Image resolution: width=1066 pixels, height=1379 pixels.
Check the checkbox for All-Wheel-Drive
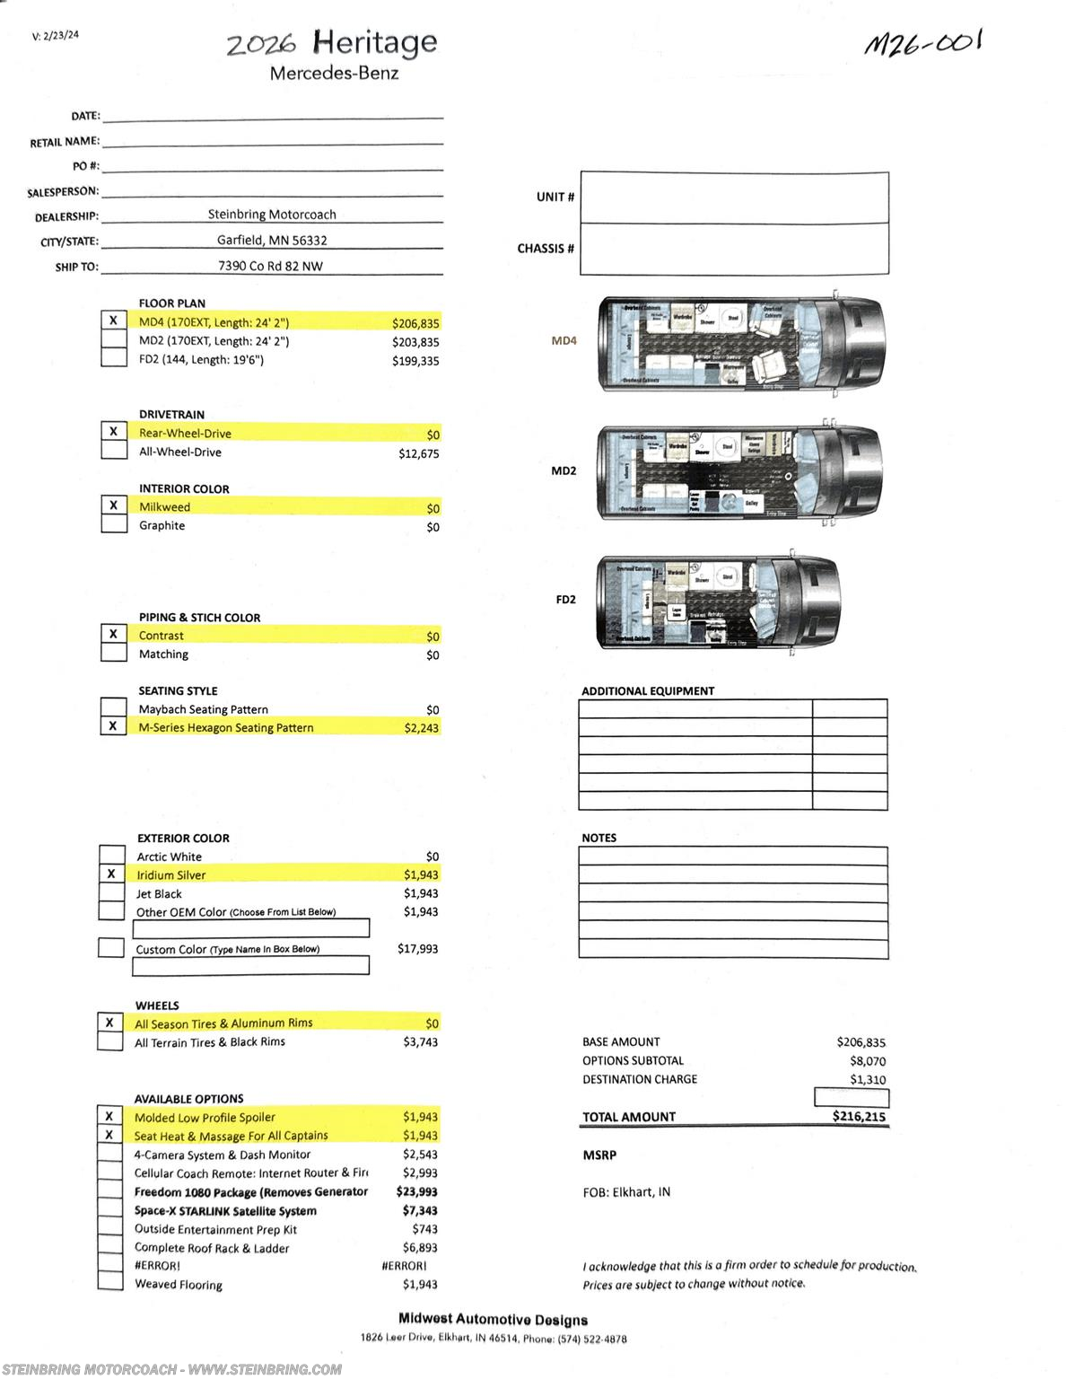(x=114, y=451)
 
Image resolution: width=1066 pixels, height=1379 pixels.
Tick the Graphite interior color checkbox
(x=114, y=524)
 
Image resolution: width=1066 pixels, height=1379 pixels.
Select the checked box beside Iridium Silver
(x=111, y=874)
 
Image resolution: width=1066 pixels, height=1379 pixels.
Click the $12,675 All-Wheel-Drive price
(x=419, y=453)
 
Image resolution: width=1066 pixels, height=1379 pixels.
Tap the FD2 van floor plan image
(x=719, y=602)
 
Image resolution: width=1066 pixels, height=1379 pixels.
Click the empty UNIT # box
(x=734, y=198)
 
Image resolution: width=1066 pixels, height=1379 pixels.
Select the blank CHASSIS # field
(x=734, y=249)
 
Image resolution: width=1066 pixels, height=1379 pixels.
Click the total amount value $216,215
(x=859, y=1117)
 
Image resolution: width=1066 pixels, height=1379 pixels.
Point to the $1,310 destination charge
(x=868, y=1079)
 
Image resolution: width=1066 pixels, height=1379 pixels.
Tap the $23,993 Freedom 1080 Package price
(x=417, y=1192)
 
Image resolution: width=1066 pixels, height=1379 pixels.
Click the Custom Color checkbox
(x=111, y=947)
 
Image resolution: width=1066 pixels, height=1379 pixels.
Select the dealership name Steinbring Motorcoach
(x=272, y=215)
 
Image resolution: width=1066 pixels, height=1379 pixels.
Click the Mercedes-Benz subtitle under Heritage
(x=334, y=74)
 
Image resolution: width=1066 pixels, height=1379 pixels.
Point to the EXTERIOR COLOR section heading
(x=183, y=838)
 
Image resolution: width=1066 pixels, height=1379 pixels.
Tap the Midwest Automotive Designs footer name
(x=493, y=1320)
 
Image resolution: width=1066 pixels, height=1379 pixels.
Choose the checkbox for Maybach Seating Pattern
(x=113, y=707)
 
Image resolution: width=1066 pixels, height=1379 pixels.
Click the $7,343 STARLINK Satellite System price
(x=420, y=1210)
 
